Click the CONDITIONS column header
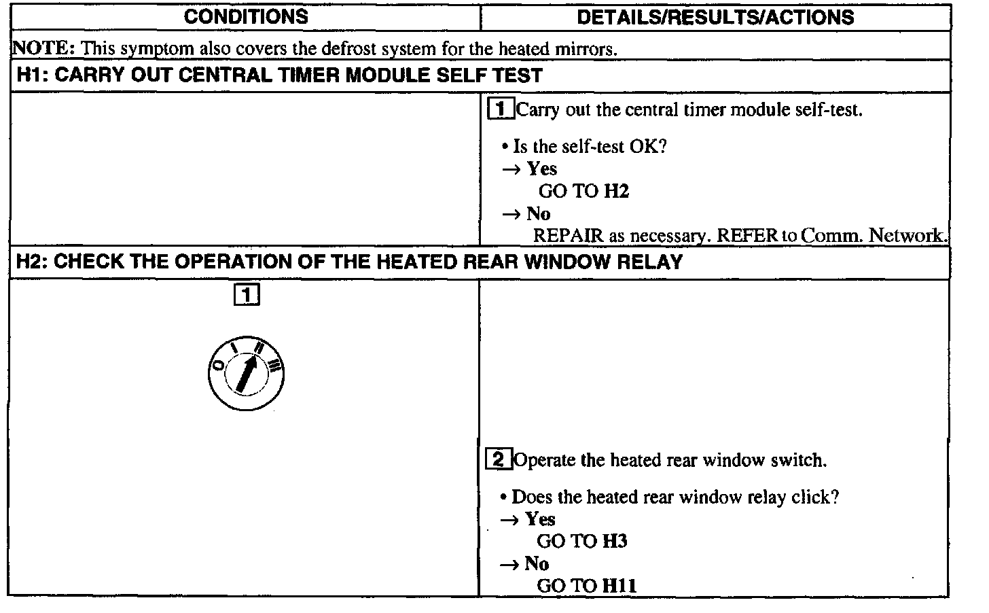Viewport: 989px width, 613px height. point(245,17)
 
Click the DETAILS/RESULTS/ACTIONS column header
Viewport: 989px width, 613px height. point(715,17)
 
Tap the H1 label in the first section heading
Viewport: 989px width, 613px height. point(30,75)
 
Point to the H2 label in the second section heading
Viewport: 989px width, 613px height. point(30,262)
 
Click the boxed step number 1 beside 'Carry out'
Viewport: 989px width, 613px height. point(501,109)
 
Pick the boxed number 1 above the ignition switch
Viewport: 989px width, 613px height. point(246,295)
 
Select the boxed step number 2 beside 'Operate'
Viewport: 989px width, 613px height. point(498,460)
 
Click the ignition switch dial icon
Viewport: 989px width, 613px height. point(246,374)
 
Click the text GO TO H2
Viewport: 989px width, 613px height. point(583,192)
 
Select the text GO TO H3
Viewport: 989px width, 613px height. point(581,542)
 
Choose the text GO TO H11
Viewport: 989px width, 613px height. point(586,586)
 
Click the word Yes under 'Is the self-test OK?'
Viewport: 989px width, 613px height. point(542,169)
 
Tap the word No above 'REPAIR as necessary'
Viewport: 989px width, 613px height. point(538,214)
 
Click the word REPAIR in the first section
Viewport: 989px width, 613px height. point(568,236)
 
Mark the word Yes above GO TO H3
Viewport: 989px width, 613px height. point(540,520)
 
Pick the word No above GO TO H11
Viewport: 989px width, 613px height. point(537,564)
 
